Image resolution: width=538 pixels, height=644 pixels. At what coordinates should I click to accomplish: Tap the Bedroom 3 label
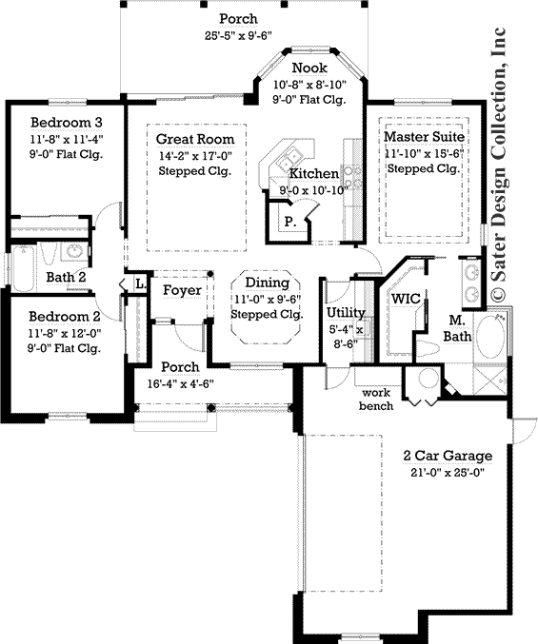pos(66,123)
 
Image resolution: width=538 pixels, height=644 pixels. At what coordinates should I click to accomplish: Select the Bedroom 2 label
pos(66,317)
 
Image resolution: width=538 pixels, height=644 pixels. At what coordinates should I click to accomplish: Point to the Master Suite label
pos(423,138)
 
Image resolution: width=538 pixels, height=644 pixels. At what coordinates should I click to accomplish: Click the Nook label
pos(309,68)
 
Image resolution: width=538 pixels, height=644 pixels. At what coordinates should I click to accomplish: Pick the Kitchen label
pos(313,174)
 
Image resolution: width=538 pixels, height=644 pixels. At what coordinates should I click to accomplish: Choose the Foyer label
pos(180,289)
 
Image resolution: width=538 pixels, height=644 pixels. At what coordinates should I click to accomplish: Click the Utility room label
pos(345,312)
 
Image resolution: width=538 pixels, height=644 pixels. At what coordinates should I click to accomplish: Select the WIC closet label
pos(407,298)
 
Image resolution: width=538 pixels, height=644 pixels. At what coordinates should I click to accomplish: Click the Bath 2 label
pos(67,277)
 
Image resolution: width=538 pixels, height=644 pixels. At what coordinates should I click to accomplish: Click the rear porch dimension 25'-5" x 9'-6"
pos(238,37)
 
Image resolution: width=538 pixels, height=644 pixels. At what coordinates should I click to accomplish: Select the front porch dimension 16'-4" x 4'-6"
pos(180,384)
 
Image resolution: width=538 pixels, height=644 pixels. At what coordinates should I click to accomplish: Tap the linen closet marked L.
pos(139,283)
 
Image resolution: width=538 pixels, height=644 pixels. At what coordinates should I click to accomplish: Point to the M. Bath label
pos(462,328)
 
